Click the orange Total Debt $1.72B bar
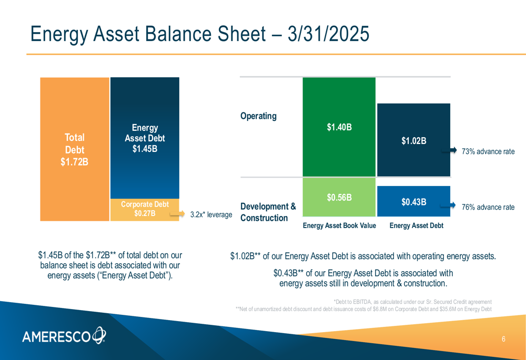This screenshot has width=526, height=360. click(x=75, y=149)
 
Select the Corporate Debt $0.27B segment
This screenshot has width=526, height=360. click(x=145, y=210)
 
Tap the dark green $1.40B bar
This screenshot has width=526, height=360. click(x=339, y=127)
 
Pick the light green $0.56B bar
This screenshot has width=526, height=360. click(x=339, y=197)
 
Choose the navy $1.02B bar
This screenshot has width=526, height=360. click(x=413, y=140)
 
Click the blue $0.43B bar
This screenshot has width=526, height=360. click(x=413, y=201)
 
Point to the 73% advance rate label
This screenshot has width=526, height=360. click(x=488, y=151)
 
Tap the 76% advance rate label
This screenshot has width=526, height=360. click(x=488, y=207)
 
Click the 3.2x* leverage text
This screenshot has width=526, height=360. click(x=211, y=214)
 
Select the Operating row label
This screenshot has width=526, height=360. click(x=258, y=116)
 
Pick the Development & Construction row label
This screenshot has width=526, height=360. click(x=268, y=212)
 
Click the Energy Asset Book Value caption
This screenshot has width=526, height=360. click(x=339, y=225)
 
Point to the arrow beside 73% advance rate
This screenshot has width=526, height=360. click(x=449, y=150)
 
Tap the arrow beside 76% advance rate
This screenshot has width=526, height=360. click(x=448, y=205)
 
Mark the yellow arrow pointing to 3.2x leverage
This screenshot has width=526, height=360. click(x=177, y=214)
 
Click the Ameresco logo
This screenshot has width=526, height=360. click(x=64, y=335)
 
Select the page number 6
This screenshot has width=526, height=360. click(x=503, y=339)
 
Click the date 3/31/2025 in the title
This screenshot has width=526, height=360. click(x=328, y=34)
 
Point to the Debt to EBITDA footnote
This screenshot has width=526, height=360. click(x=412, y=302)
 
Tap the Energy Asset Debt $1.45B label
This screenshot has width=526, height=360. click(x=145, y=138)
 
